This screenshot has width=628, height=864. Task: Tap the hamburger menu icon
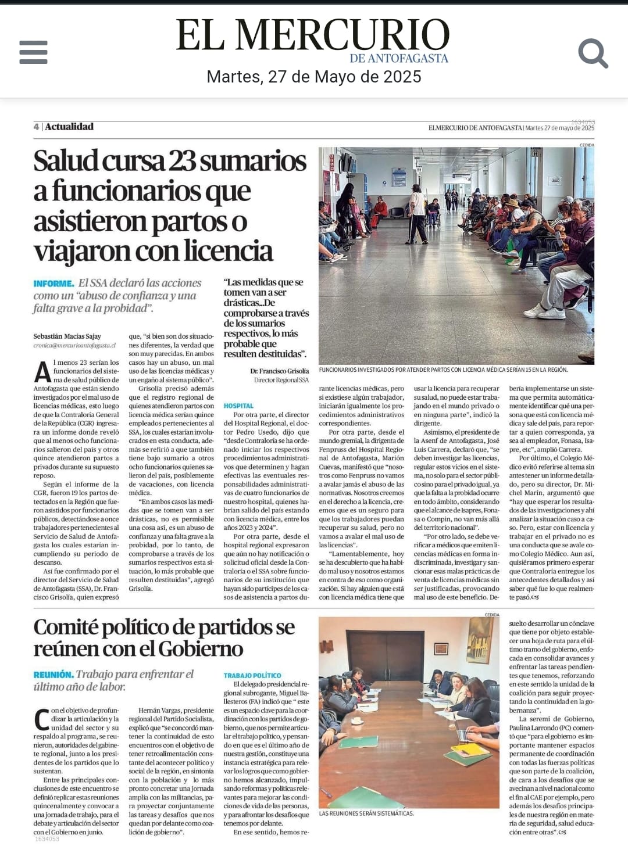[x=33, y=52]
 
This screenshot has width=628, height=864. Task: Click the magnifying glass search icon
[x=593, y=53]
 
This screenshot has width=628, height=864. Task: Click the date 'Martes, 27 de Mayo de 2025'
[x=314, y=77]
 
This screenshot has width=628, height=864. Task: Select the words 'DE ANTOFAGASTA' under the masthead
[x=399, y=58]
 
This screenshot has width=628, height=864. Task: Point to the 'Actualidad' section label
[x=69, y=127]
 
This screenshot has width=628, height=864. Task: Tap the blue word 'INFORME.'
[x=54, y=284]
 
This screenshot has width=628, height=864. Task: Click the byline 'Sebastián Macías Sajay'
[x=67, y=336]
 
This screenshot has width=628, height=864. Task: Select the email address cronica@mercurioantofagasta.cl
[x=74, y=345]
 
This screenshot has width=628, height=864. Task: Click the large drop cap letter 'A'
[x=42, y=372]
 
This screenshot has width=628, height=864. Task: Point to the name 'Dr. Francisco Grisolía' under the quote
[x=280, y=371]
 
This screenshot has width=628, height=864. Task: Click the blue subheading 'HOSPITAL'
[x=238, y=406]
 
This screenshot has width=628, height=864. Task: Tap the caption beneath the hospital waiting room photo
[x=443, y=370]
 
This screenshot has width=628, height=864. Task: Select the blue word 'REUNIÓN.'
[x=53, y=675]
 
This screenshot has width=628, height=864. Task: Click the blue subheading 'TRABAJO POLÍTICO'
[x=252, y=675]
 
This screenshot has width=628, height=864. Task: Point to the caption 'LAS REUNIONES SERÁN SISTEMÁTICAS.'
[x=366, y=813]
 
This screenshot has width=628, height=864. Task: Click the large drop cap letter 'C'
[x=42, y=719]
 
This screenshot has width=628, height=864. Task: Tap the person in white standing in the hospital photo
[x=417, y=215]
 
